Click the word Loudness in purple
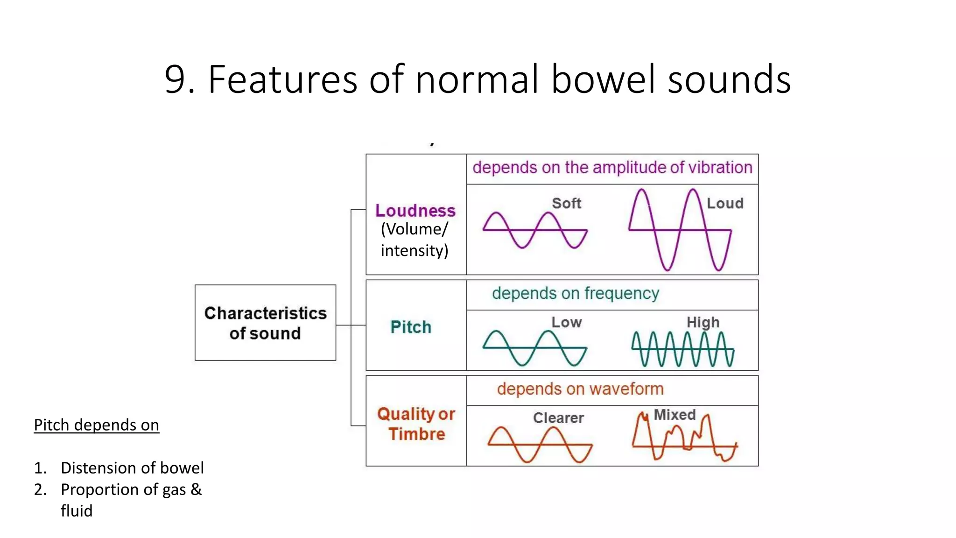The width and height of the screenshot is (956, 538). point(415,211)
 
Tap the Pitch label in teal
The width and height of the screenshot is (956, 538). point(411,327)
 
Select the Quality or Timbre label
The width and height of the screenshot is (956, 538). point(416,424)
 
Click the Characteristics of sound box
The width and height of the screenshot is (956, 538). point(265,323)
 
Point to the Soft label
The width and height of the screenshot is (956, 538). point(566,203)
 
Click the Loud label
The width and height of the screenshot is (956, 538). point(724,203)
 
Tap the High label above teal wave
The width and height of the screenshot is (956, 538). point(703,322)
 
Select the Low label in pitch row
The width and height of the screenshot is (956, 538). point(566,322)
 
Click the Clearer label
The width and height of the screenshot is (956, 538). point(558,418)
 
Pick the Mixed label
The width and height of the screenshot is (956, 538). point(674,415)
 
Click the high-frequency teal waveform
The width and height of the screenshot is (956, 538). point(682,349)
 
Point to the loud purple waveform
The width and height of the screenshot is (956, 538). point(680,230)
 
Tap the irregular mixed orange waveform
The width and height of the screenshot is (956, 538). point(684,439)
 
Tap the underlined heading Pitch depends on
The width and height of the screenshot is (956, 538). point(96,425)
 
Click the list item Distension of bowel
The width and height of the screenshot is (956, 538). point(132,468)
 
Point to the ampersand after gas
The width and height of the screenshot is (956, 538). point(196,489)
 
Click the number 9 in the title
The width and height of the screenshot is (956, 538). point(175,79)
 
